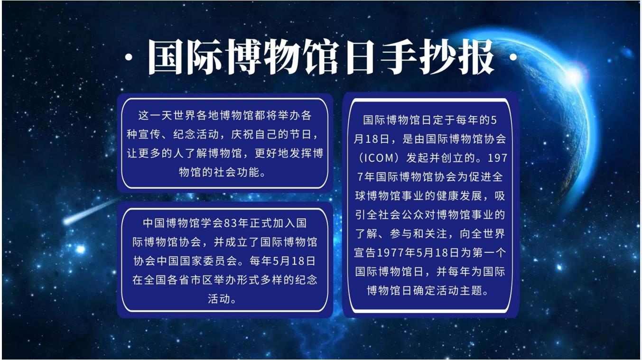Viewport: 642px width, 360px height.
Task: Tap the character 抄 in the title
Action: click(x=437, y=57)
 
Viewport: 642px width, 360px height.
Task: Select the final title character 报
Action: click(x=476, y=57)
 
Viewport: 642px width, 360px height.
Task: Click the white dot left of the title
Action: click(x=129, y=57)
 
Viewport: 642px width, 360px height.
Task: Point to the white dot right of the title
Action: click(x=513, y=57)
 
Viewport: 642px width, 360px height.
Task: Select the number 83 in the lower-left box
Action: click(x=230, y=223)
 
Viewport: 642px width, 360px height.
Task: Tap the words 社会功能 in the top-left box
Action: click(x=237, y=172)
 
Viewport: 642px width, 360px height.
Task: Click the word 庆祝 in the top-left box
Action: click(x=242, y=134)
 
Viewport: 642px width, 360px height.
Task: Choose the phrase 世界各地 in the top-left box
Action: click(x=196, y=115)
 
